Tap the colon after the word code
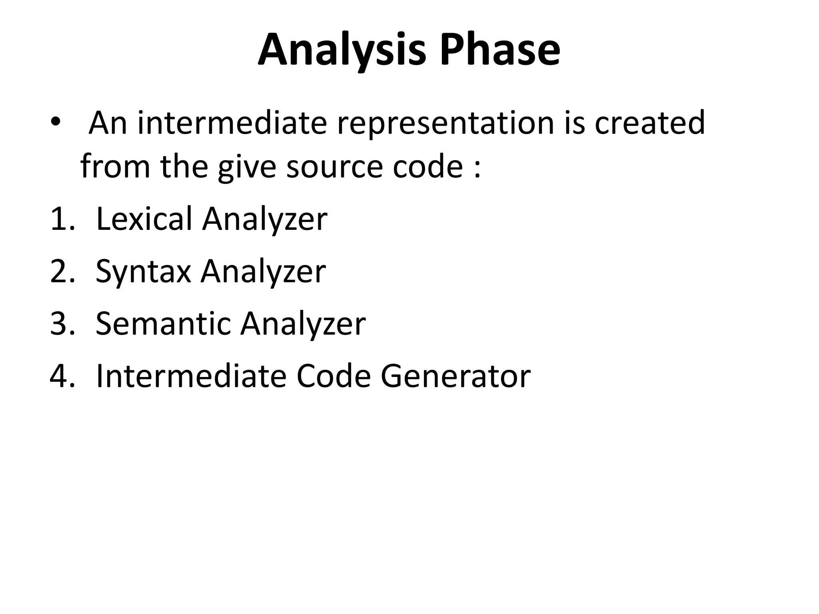[x=477, y=168]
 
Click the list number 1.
[x=62, y=219]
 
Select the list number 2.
[x=62, y=271]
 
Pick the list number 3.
[x=62, y=324]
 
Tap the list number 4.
[x=62, y=376]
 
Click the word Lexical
[x=144, y=219]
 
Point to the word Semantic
[x=163, y=323]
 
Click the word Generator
[x=455, y=376]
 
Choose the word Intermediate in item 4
[x=191, y=376]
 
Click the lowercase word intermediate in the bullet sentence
[x=232, y=123]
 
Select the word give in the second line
[x=247, y=167]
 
